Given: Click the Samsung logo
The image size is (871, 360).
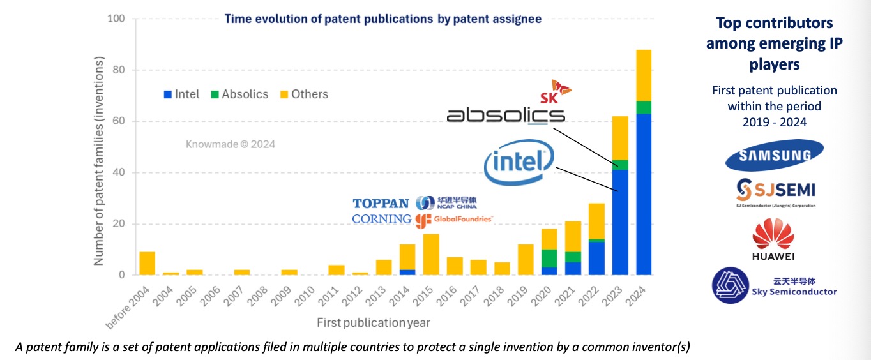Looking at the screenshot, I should point(774,154).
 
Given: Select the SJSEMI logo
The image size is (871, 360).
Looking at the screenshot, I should point(775,191).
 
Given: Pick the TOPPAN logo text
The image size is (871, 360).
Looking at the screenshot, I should point(381,204).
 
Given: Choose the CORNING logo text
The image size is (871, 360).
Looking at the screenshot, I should point(382,219).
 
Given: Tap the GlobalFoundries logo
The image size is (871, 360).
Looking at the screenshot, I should point(454,220).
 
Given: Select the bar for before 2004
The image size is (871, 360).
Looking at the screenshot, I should point(147,264).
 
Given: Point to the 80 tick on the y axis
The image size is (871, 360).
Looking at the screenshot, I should point(119,70).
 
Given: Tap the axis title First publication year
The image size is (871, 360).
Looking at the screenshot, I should point(373,322).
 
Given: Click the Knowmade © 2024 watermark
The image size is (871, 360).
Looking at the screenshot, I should point(231,144).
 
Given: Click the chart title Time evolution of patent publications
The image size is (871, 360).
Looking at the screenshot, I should point(382,19).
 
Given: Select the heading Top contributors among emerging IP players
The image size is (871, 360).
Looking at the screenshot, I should point(774,44).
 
